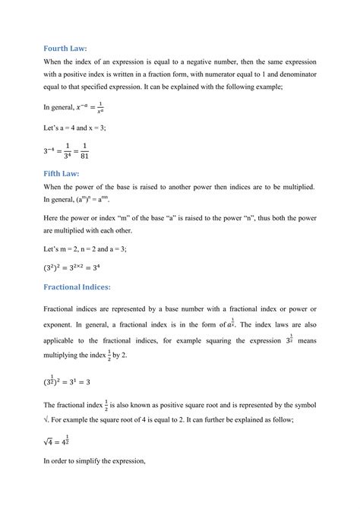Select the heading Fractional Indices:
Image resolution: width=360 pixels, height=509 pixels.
point(85,286)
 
